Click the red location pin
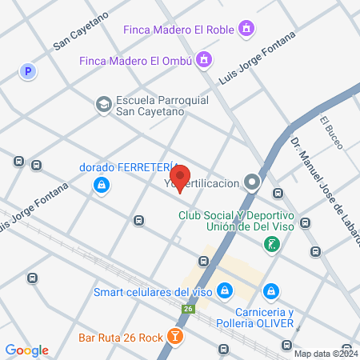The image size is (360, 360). pyautogui.click(x=181, y=178)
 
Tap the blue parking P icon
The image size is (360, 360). pyautogui.click(x=29, y=72)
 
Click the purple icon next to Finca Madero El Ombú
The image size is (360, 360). pyautogui.click(x=205, y=60)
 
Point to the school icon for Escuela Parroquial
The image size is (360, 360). pyautogui.click(x=103, y=105)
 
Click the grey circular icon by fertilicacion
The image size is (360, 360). pyautogui.click(x=253, y=183)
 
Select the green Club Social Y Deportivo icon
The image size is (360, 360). pyautogui.click(x=274, y=244)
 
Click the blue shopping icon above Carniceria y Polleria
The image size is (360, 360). pyautogui.click(x=272, y=290)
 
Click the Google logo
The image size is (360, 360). pyautogui.click(x=26, y=350)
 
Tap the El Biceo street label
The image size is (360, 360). pyautogui.click(x=331, y=132)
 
